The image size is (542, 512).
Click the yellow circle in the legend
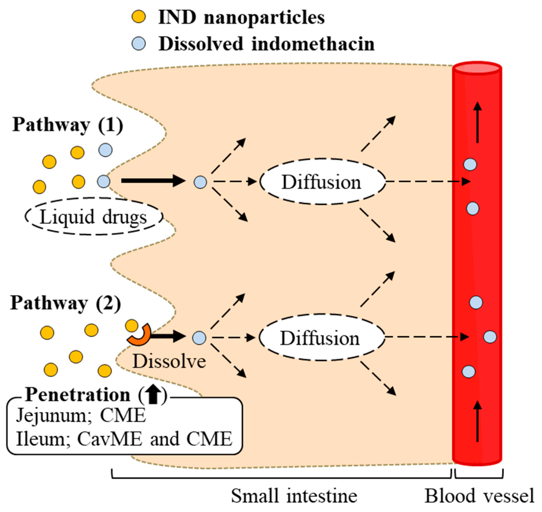(139, 17)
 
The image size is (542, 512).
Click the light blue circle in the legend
(139, 44)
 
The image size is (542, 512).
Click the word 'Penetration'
(78, 395)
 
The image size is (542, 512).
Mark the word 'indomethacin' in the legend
(313, 44)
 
